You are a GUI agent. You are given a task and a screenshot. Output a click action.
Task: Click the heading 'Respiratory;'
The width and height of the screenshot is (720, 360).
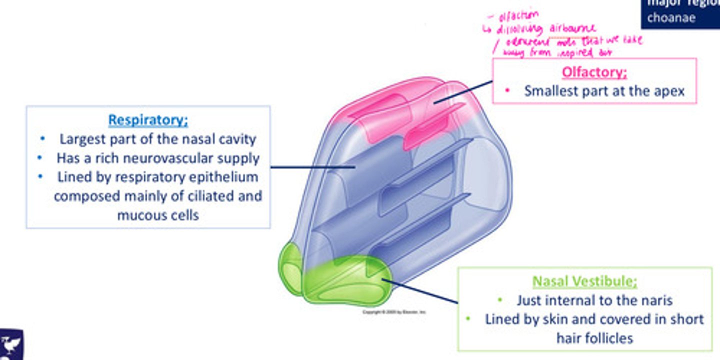[148, 120]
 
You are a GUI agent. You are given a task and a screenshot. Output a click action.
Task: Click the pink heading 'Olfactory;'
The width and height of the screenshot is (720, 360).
[594, 72]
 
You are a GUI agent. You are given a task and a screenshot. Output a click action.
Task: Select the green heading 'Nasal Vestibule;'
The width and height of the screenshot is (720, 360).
[584, 281]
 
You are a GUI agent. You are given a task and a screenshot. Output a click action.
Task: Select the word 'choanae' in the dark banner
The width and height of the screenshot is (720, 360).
[671, 18]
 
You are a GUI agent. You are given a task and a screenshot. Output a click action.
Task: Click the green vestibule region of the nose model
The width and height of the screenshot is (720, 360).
[345, 282]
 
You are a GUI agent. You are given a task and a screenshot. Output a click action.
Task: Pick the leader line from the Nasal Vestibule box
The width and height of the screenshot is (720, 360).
[422, 291]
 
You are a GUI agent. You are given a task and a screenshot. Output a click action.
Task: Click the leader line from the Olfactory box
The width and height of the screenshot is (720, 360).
[462, 92]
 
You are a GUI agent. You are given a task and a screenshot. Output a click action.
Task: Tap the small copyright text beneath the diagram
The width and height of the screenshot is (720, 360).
[394, 312]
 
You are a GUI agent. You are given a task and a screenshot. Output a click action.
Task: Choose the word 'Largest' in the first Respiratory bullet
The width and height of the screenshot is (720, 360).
[81, 139]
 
